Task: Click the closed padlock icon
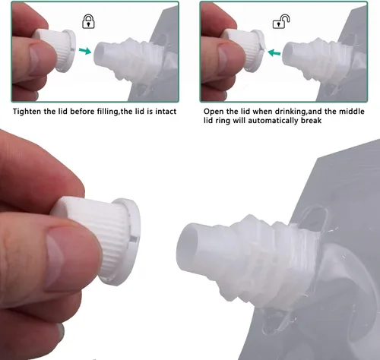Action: click(x=88, y=21)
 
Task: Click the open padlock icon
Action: click(x=281, y=21)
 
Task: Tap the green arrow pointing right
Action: click(x=85, y=50)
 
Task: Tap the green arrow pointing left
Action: click(x=274, y=53)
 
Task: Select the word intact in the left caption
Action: click(x=166, y=112)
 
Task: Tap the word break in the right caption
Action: click(x=311, y=120)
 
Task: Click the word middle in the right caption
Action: click(x=352, y=112)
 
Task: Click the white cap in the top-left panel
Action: click(x=56, y=49)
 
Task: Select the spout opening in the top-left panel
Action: click(x=100, y=54)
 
